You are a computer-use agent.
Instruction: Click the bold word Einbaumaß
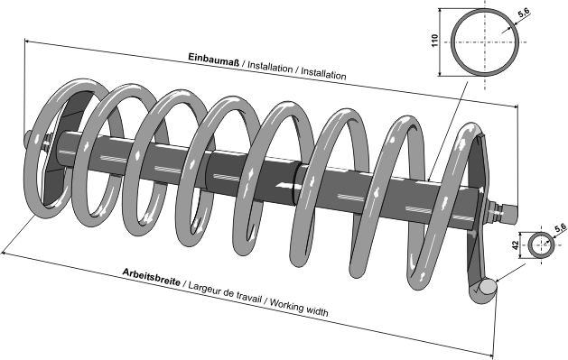coord(214,60)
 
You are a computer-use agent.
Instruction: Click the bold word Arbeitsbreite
coord(151,277)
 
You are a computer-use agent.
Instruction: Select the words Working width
coord(299,307)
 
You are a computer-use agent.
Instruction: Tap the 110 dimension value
coord(435,41)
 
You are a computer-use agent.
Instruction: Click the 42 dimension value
coord(516,245)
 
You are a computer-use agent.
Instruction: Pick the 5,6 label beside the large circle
coord(524,13)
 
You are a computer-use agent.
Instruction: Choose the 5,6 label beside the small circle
coord(560,227)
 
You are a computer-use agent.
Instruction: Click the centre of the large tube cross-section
coord(485,42)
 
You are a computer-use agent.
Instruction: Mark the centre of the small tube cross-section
coord(541,245)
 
